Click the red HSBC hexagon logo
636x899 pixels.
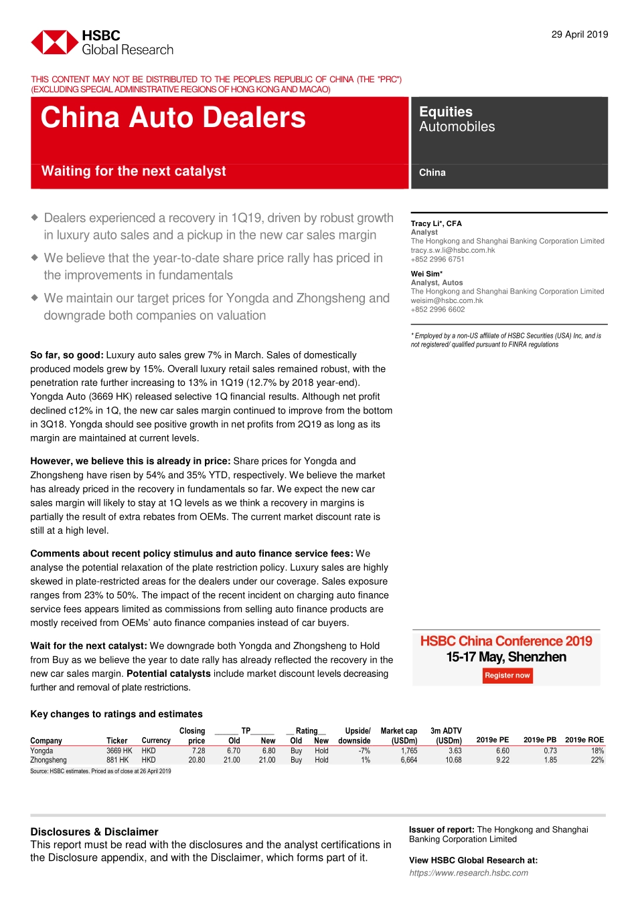[x=54, y=42]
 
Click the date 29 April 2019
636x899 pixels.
[x=579, y=35]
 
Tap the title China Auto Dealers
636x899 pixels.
[x=173, y=118]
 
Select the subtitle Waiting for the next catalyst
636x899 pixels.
[x=134, y=171]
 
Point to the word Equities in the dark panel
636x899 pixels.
[x=446, y=112]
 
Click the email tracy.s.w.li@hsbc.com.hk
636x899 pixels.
[x=453, y=250]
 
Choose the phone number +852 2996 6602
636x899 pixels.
[x=438, y=309]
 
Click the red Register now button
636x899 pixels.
[x=507, y=676]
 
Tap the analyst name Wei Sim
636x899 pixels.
[x=426, y=274]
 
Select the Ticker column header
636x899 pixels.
[x=116, y=740]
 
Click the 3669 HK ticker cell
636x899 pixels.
[x=119, y=751]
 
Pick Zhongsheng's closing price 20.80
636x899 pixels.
[x=197, y=760]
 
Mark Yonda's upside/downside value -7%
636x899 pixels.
[x=364, y=751]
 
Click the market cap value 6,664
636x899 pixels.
[x=408, y=760]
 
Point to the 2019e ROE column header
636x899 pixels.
[x=584, y=740]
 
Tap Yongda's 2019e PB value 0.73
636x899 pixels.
[x=550, y=751]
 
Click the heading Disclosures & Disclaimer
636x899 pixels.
[x=94, y=831]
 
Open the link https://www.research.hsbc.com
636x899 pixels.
[x=469, y=873]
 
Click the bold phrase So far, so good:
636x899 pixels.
[x=67, y=355]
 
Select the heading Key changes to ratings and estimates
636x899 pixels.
[x=116, y=714]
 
